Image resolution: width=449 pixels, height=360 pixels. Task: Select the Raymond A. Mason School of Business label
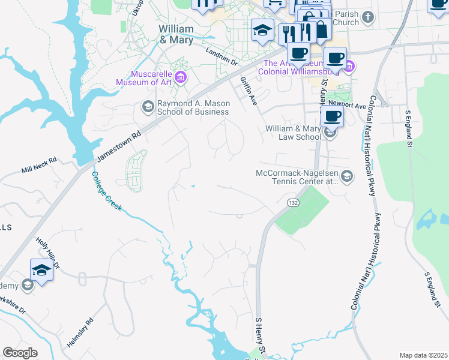[193, 107]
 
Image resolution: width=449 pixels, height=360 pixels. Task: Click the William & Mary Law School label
[294, 133]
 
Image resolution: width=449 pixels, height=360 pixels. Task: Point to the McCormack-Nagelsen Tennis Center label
[295, 177]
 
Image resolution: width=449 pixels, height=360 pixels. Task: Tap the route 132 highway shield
[292, 203]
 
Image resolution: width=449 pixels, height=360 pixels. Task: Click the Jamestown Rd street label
[120, 146]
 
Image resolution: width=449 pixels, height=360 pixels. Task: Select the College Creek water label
[106, 191]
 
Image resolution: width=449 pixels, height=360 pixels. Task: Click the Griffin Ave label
[249, 91]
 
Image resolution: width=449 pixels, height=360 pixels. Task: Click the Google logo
[20, 353]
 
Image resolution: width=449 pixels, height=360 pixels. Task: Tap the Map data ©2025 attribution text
[423, 355]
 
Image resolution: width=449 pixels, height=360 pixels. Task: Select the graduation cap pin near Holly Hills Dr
[41, 270]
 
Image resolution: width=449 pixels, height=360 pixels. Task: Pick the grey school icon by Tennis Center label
[346, 176]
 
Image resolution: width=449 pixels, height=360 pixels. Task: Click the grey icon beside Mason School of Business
[148, 107]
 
